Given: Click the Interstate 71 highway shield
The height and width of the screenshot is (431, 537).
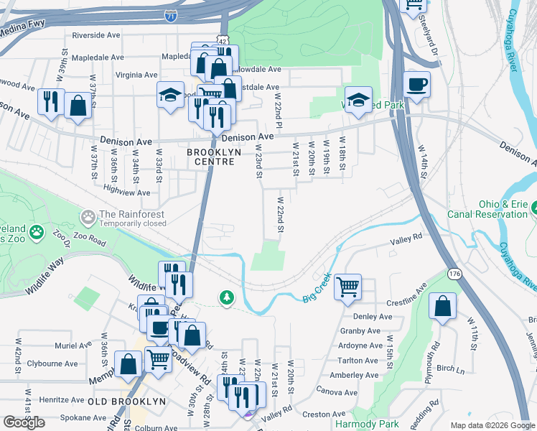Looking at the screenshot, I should pos(169,16).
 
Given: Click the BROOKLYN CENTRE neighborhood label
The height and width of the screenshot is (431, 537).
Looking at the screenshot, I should pos(211,157).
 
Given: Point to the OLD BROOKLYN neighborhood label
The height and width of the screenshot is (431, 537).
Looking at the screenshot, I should pos(126,401).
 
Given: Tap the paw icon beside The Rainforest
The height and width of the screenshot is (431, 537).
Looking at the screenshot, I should pos(88,215).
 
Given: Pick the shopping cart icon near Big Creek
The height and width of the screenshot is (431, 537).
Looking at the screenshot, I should pos(347,287).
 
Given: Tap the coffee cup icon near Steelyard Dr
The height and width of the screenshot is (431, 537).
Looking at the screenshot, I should pos(416,84).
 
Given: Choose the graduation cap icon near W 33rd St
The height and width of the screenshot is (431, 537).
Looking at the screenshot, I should pos(170,96).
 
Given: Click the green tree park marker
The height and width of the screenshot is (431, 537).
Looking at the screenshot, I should pos(227,297).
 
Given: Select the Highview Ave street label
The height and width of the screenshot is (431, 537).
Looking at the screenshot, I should pos(127,192).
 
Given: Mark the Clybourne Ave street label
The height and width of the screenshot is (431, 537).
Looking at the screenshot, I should pos(52,363).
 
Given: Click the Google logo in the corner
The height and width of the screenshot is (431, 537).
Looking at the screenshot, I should pos(24,422).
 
